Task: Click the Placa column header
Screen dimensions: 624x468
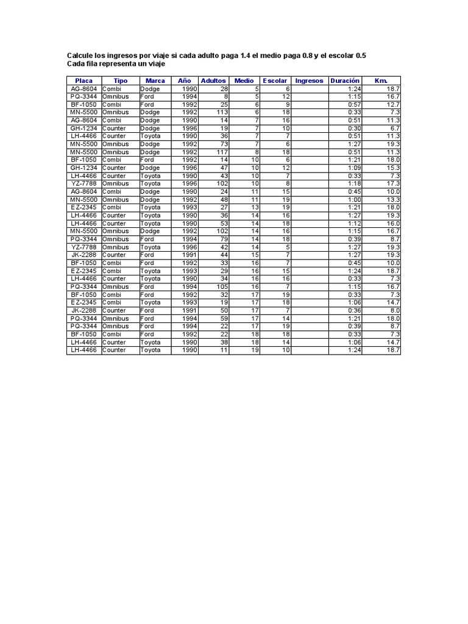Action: (x=83, y=80)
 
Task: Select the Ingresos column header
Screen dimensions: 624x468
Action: (x=309, y=80)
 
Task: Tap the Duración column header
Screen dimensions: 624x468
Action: (x=345, y=80)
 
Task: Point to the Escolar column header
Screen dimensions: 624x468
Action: (x=275, y=80)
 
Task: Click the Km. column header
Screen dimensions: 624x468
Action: (x=381, y=80)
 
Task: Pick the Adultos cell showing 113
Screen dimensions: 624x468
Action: (x=222, y=112)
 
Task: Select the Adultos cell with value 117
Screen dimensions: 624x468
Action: (x=222, y=152)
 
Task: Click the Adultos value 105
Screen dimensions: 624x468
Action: (x=222, y=286)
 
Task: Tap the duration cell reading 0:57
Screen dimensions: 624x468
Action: (x=354, y=104)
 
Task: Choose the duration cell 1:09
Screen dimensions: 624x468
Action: (x=354, y=168)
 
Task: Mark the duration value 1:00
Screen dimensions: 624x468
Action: (x=354, y=199)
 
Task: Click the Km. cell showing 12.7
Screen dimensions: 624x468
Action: (x=393, y=104)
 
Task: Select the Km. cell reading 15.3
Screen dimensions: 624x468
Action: (x=393, y=168)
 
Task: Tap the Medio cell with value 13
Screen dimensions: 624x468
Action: (x=255, y=207)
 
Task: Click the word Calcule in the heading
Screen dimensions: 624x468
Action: (x=80, y=55)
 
